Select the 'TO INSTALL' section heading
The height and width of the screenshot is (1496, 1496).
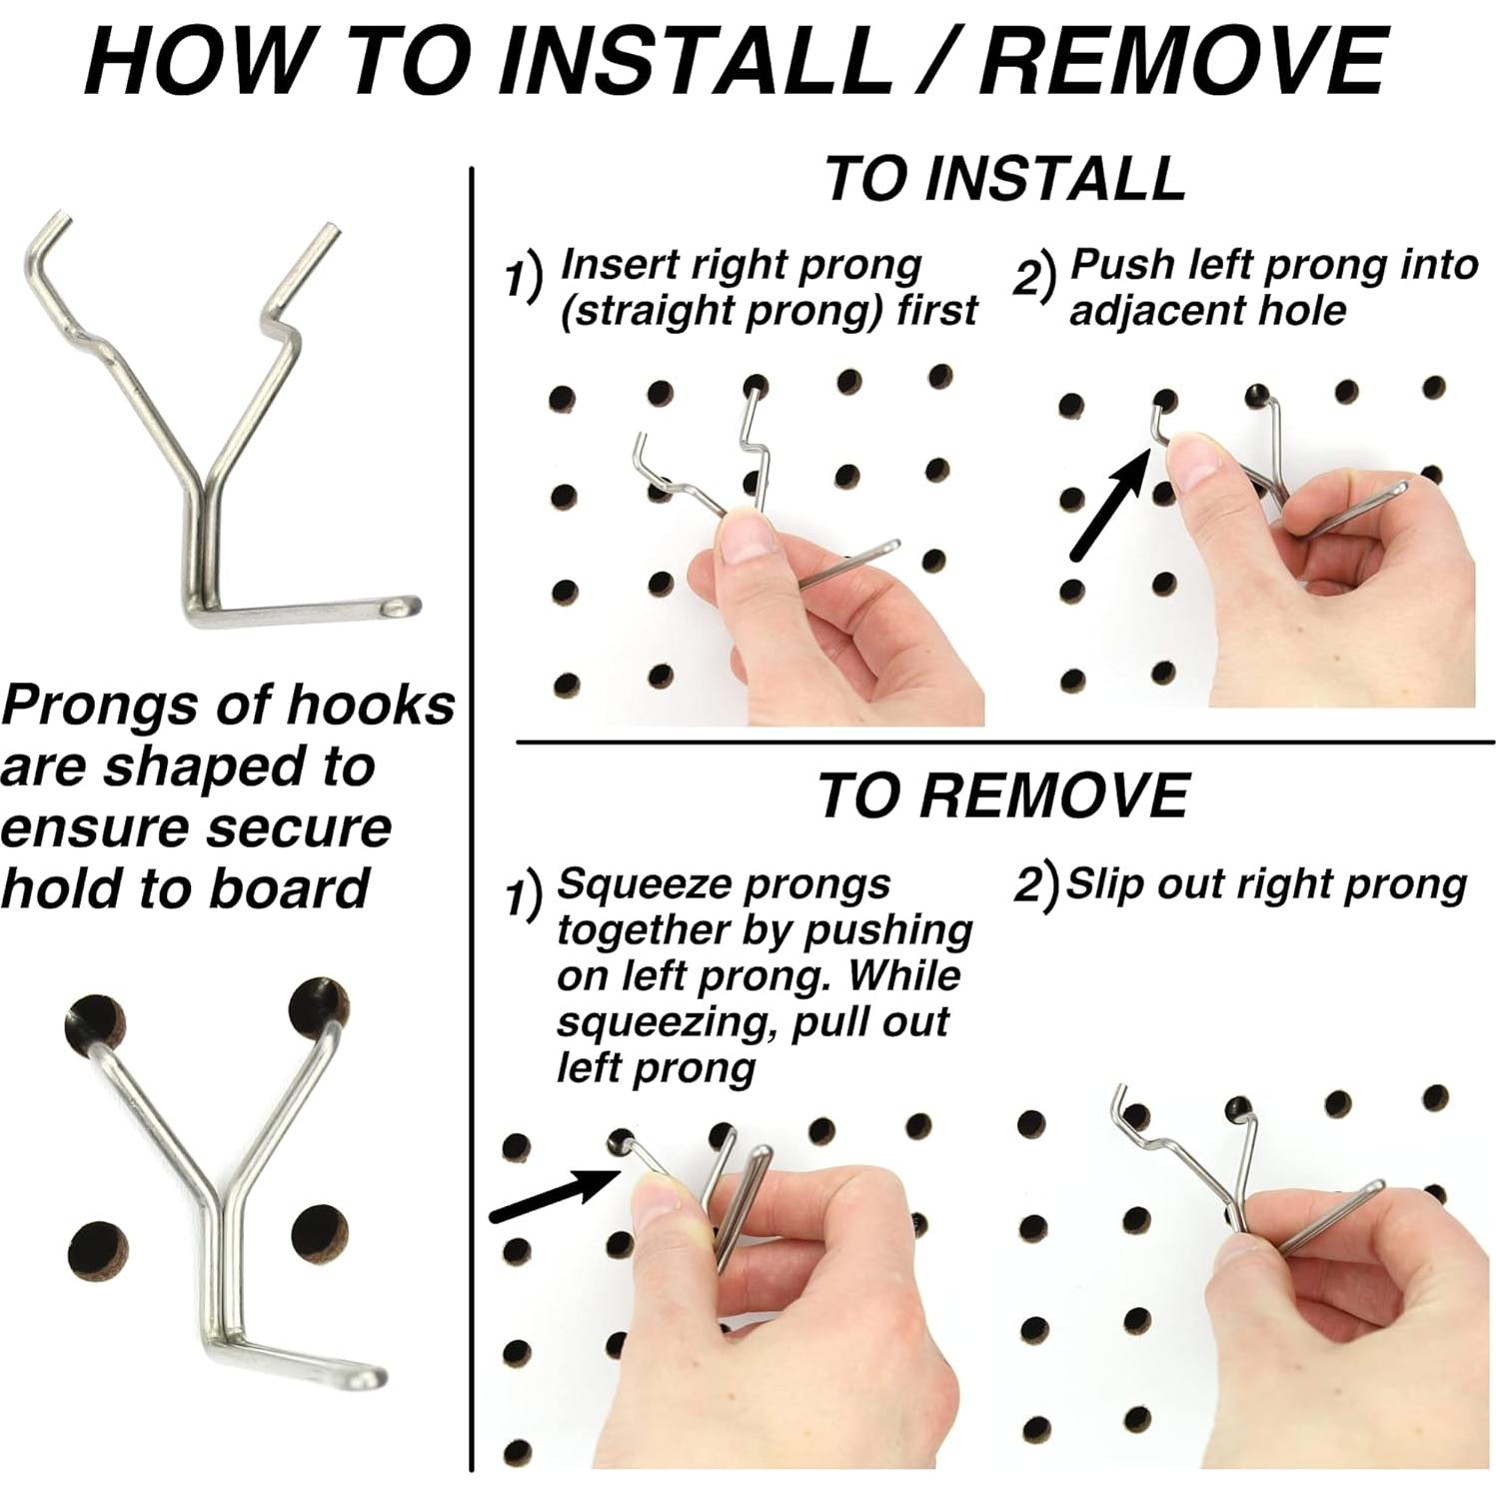coord(1004,178)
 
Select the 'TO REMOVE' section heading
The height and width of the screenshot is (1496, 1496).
coord(1002,795)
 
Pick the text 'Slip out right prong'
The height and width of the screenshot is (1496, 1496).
coord(1265,884)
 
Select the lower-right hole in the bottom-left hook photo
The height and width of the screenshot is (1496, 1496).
coord(320,1232)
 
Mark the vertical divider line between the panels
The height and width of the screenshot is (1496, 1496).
coord(472,819)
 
